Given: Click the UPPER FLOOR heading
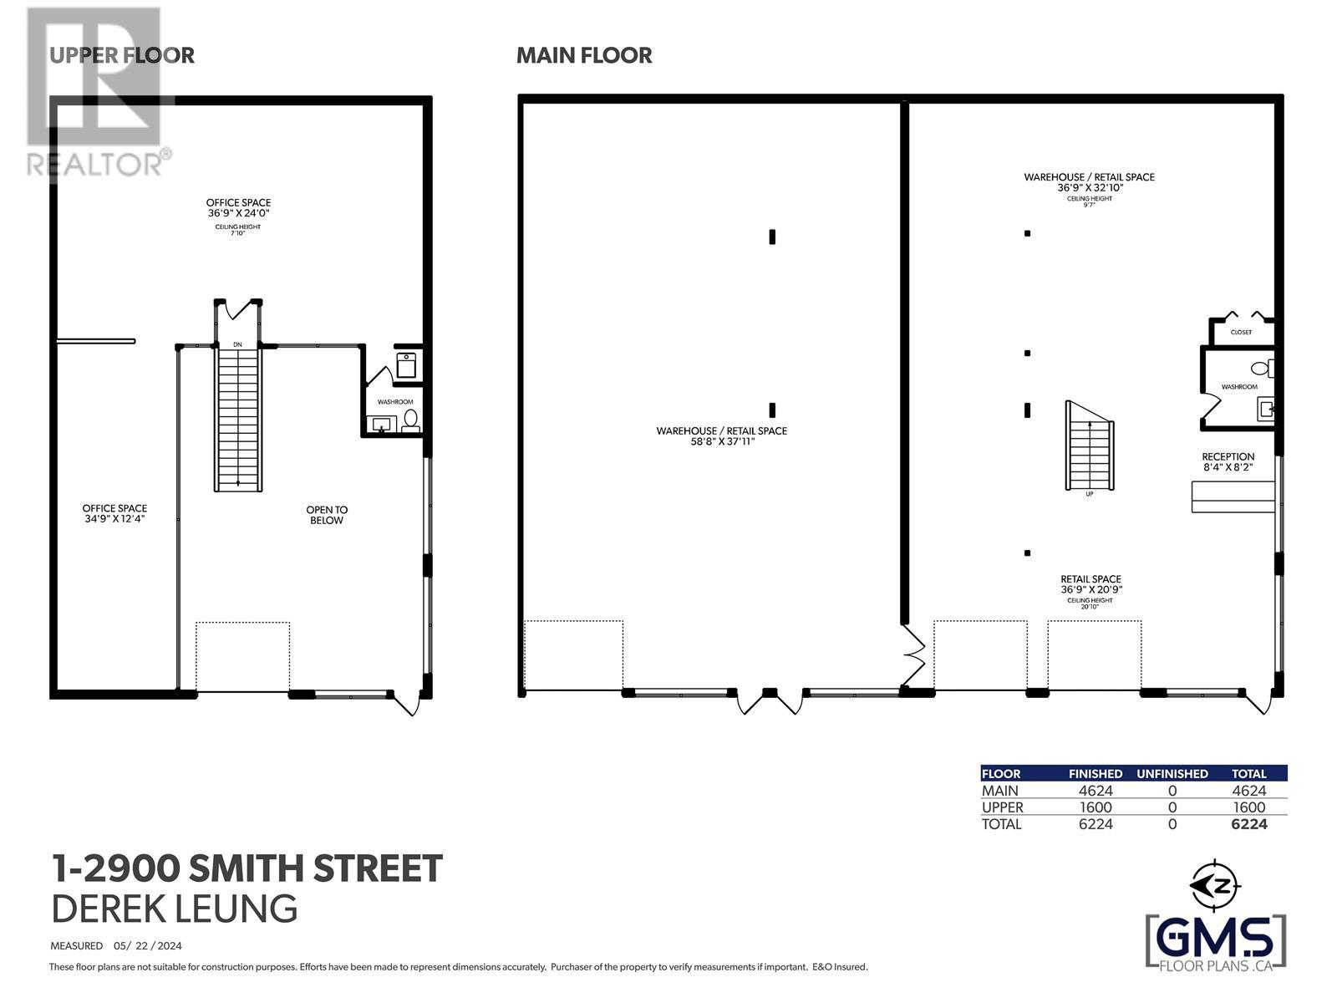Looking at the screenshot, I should (x=122, y=55).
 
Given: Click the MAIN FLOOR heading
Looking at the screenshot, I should (x=584, y=55).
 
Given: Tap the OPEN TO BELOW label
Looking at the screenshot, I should (x=326, y=515).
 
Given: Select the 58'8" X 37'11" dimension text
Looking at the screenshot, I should (x=721, y=441).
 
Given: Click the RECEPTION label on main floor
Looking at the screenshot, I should (x=1228, y=456).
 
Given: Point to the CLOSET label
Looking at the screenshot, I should (x=1241, y=333).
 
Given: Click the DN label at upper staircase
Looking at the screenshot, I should (x=237, y=344).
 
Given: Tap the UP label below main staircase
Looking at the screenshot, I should (x=1089, y=494).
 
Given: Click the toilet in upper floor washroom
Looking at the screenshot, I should (x=410, y=418).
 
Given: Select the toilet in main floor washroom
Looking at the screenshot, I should (x=1260, y=368).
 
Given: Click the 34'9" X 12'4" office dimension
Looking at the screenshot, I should (x=114, y=519).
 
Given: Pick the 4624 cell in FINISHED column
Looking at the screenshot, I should (x=1095, y=791).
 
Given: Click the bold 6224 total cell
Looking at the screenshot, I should (x=1248, y=824).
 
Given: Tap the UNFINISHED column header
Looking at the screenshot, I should (x=1172, y=774).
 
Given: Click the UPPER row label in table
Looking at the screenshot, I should (x=1002, y=807).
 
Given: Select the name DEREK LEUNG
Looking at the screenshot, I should (x=174, y=909).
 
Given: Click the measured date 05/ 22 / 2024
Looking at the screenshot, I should (x=148, y=946).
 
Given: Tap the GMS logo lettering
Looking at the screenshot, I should (x=1216, y=939).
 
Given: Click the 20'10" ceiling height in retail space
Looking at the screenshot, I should (x=1089, y=607).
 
